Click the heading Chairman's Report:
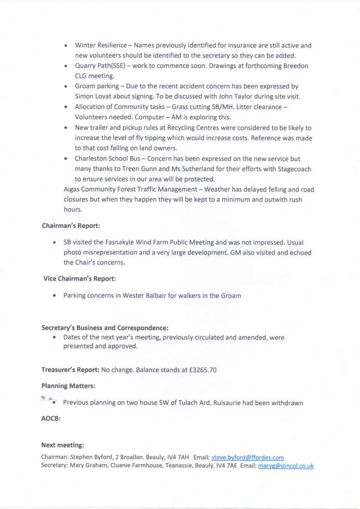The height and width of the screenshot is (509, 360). (71, 225)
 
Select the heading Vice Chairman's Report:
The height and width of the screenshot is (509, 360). (80, 279)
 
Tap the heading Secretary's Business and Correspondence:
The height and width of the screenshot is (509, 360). (105, 328)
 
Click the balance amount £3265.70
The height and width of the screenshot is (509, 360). (199, 370)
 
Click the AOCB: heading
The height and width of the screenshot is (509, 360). (50, 419)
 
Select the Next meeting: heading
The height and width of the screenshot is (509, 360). (62, 445)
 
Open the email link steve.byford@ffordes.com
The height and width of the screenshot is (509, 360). (247, 457)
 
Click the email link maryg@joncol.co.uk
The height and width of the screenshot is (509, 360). (285, 466)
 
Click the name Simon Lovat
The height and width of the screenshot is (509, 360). (96, 96)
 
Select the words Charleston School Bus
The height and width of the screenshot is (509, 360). (116, 159)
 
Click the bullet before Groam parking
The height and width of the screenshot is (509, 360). (66, 87)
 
